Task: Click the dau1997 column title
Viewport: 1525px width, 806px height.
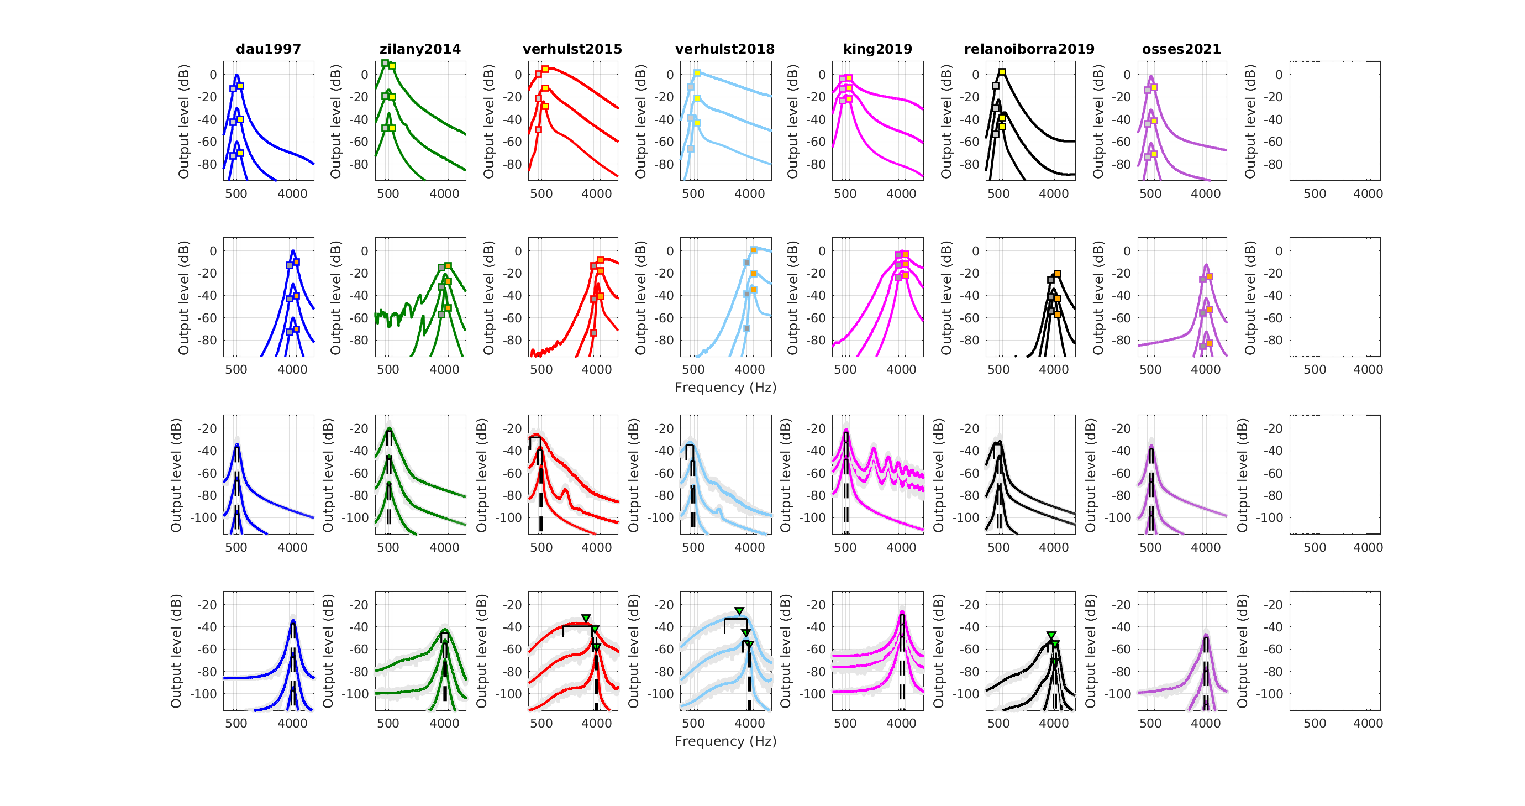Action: pyautogui.click(x=268, y=49)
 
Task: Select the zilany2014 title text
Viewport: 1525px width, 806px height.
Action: pyautogui.click(x=420, y=49)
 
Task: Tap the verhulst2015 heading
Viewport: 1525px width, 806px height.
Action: pyautogui.click(x=572, y=49)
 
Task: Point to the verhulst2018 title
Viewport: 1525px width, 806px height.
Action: pyautogui.click(x=724, y=49)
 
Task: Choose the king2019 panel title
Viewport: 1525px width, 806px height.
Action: pyautogui.click(x=877, y=49)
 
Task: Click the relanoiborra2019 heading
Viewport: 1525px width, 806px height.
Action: pyautogui.click(x=1029, y=49)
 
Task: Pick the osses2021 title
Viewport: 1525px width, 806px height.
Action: pyautogui.click(x=1181, y=49)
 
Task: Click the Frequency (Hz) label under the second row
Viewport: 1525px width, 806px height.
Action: pyautogui.click(x=725, y=388)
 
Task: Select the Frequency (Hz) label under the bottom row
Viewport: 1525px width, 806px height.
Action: pyautogui.click(x=725, y=741)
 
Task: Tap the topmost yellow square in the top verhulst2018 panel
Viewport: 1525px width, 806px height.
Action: pyautogui.click(x=697, y=73)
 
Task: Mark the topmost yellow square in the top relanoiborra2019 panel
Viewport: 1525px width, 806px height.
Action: pyautogui.click(x=1002, y=72)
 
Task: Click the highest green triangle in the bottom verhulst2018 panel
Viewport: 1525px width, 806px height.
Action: pyautogui.click(x=739, y=610)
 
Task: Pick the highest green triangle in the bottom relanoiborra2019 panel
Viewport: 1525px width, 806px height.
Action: pyautogui.click(x=1051, y=635)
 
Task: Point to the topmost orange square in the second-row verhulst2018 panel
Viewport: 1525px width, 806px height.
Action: pyautogui.click(x=754, y=250)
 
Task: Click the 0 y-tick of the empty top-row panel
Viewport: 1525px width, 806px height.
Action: pyautogui.click(x=1279, y=75)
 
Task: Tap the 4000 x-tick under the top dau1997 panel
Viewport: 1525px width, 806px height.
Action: pyautogui.click(x=292, y=193)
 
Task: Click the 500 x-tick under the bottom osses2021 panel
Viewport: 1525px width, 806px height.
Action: pyautogui.click(x=1150, y=723)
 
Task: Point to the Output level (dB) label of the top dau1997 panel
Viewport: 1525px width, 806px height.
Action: pyautogui.click(x=183, y=121)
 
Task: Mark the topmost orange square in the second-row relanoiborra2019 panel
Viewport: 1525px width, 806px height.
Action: pyautogui.click(x=1058, y=274)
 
